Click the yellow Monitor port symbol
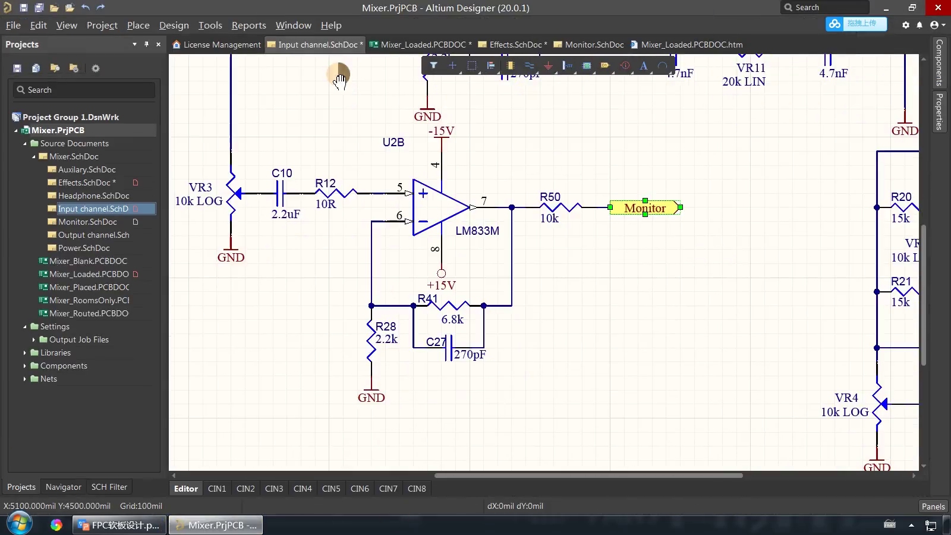point(645,208)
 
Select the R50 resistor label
point(550,197)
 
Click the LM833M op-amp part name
point(477,231)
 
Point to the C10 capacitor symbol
point(281,193)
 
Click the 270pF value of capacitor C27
point(470,354)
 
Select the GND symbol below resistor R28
point(371,397)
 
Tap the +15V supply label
point(441,285)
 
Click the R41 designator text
point(427,298)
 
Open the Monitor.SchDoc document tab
point(594,45)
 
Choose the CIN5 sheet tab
point(331,489)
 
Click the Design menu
point(174,25)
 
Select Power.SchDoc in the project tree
point(84,248)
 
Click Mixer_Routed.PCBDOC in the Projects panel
point(89,313)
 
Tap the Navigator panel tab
point(63,487)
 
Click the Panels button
point(933,506)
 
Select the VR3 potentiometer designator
point(200,187)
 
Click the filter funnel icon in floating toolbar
point(434,65)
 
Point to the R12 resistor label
point(325,183)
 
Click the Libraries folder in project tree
point(55,353)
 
